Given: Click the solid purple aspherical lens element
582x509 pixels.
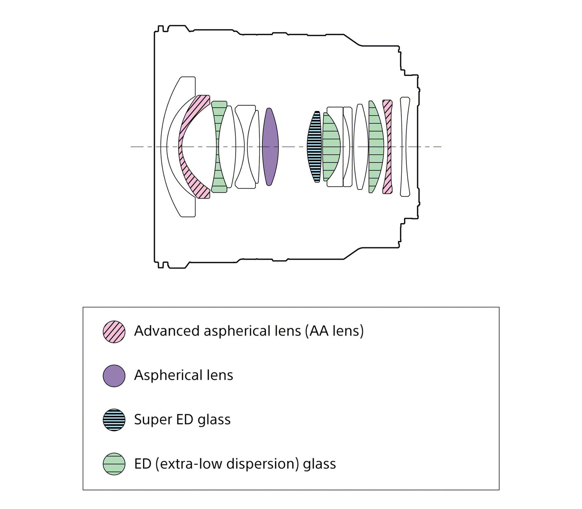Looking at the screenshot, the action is click(270, 147).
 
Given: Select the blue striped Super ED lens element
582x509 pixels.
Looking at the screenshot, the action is click(315, 147).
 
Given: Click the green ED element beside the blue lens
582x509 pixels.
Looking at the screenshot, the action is click(331, 147).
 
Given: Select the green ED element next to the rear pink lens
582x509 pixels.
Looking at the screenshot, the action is click(375, 147).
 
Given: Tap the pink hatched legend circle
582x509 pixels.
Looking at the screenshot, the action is click(114, 332).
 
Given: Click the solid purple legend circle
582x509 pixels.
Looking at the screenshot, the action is click(114, 376).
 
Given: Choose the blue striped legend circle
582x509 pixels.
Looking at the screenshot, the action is click(114, 420).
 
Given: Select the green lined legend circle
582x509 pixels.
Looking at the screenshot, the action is click(114, 464).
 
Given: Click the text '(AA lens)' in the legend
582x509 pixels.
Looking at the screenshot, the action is click(334, 331).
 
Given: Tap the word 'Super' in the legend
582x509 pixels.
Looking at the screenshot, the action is click(153, 420).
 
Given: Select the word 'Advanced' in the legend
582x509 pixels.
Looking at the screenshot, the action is click(167, 331).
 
